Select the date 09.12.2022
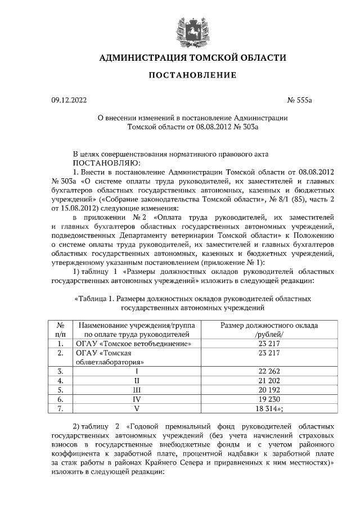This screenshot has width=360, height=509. point(69,101)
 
